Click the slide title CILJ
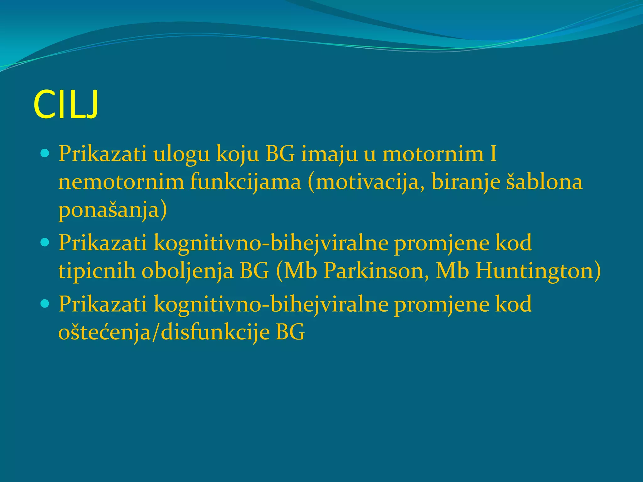[x=66, y=104]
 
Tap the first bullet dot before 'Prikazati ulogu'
[x=45, y=154]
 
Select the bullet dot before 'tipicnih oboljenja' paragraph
[x=45, y=242]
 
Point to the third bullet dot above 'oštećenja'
[x=45, y=303]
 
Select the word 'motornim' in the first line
[x=433, y=154]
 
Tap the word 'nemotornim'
[x=121, y=182]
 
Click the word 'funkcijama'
[x=245, y=182]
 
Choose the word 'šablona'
[x=544, y=182]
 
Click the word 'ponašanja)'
[x=113, y=210]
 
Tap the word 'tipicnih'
[x=97, y=270]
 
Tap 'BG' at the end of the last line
[x=290, y=332]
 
